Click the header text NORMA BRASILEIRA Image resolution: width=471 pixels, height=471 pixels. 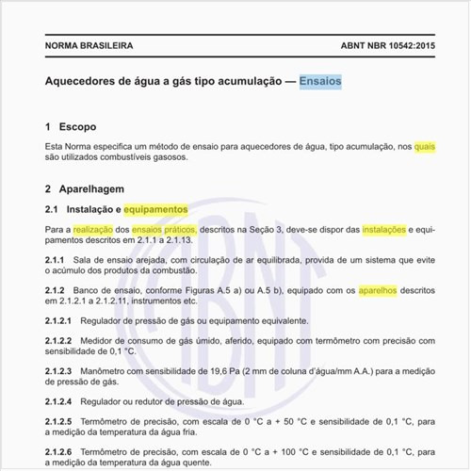click(x=89, y=45)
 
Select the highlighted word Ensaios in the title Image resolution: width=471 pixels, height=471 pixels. click(x=320, y=82)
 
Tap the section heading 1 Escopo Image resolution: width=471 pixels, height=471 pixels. click(x=71, y=126)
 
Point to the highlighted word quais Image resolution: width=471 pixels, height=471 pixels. click(x=425, y=147)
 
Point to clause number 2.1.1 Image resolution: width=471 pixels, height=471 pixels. click(x=55, y=260)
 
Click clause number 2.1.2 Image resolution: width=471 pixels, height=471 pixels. click(x=55, y=291)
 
